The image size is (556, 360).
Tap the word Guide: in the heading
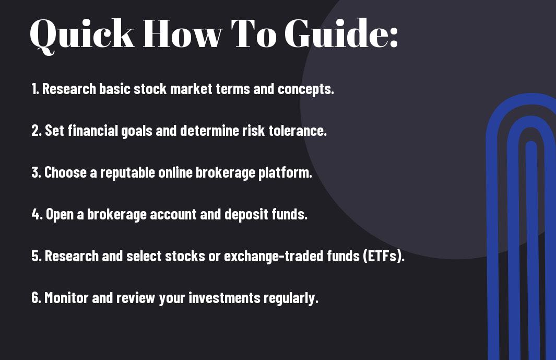pyautogui.click(x=341, y=34)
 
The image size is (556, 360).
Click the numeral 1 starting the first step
pyautogui.click(x=34, y=89)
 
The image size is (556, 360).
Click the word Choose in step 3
pyautogui.click(x=66, y=172)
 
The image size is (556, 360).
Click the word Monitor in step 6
pyautogui.click(x=64, y=298)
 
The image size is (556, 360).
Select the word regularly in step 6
pyautogui.click(x=292, y=298)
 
